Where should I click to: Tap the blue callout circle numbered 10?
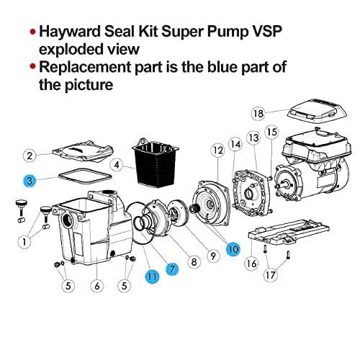[233, 248]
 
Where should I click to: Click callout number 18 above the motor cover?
[258, 113]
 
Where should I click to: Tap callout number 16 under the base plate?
[251, 264]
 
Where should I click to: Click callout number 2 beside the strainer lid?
[29, 155]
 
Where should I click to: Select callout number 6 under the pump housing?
[97, 286]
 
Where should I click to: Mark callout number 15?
[271, 132]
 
